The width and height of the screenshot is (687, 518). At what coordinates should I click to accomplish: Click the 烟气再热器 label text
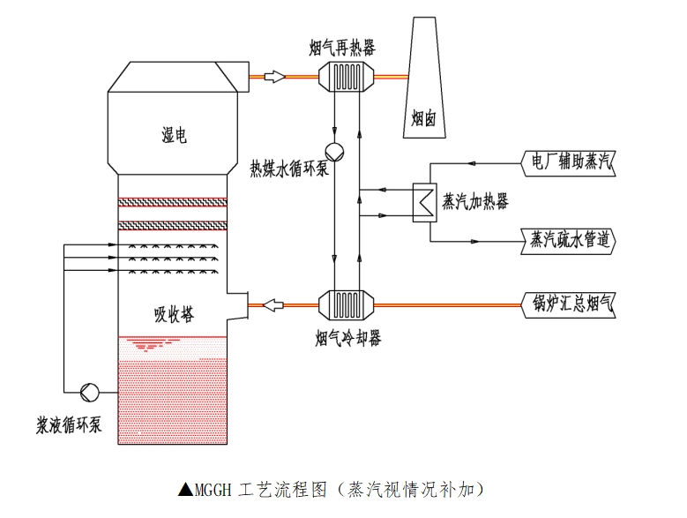(x=342, y=48)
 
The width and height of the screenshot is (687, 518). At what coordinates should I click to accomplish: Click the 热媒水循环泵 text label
(x=289, y=168)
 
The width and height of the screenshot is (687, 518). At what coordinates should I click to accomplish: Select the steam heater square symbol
(x=429, y=201)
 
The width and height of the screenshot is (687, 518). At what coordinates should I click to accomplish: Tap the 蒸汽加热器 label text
(x=475, y=201)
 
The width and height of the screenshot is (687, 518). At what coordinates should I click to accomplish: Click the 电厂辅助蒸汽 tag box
(x=569, y=162)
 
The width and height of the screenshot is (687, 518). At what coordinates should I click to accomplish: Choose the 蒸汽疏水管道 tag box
(x=569, y=239)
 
